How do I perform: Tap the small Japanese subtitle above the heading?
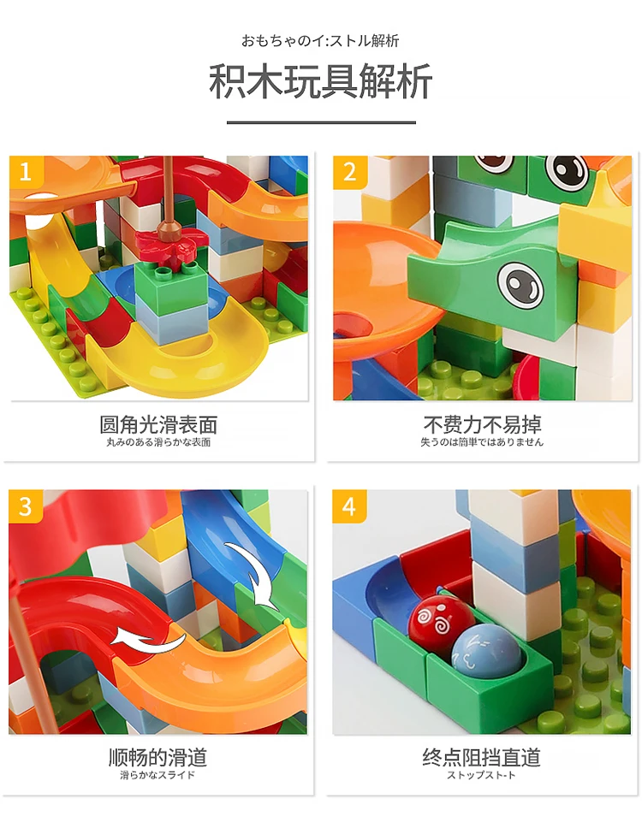[x=320, y=40]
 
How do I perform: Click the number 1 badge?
[x=26, y=172]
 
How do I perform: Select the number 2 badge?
[x=349, y=172]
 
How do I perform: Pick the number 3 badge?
[x=26, y=506]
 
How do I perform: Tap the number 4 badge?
[x=349, y=506]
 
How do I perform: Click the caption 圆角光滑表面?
[x=158, y=424]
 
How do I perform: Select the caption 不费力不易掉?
[x=482, y=424]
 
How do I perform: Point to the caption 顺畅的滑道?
[x=158, y=757]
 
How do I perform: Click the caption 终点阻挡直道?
[x=482, y=757]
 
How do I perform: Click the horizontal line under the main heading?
[x=320, y=123]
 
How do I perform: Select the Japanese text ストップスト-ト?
[x=482, y=776]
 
